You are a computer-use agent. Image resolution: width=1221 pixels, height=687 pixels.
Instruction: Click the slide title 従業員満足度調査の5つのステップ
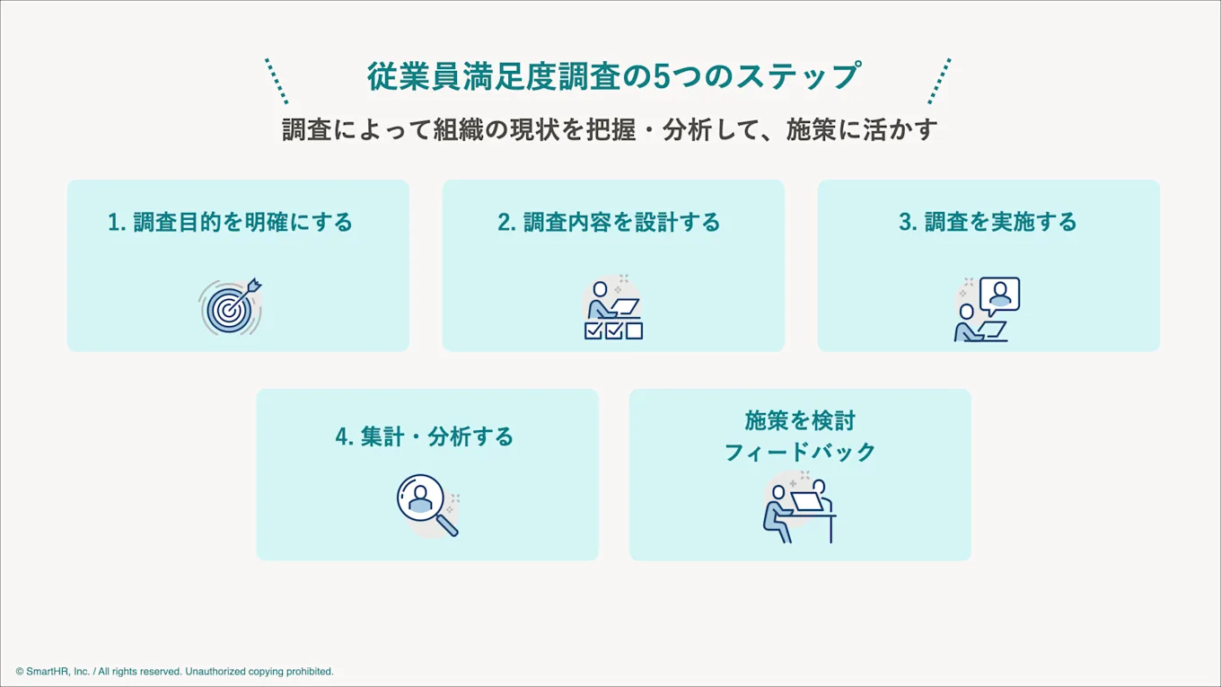point(613,76)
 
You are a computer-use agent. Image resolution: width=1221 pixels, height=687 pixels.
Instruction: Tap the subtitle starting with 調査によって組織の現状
point(610,129)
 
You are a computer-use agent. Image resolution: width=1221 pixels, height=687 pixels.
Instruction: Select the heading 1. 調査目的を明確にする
point(231,222)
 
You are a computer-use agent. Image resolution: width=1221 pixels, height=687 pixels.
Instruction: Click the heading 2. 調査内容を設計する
point(610,222)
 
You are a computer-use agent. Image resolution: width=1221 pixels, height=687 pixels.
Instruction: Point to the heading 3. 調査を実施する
point(988,222)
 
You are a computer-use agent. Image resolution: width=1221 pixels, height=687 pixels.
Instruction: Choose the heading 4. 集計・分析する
point(425,436)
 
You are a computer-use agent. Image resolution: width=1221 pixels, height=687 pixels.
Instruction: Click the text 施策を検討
point(800,420)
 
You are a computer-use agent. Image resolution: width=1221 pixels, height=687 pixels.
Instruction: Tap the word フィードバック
point(800,452)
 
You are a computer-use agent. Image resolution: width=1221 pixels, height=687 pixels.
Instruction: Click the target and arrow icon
point(230,307)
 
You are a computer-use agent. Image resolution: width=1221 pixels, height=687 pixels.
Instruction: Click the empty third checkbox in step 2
point(634,330)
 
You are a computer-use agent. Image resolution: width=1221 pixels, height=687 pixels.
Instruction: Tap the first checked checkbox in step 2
point(593,330)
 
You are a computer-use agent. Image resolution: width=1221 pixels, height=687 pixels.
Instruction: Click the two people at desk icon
point(799,510)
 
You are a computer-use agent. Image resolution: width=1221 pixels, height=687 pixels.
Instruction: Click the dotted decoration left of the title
point(277,81)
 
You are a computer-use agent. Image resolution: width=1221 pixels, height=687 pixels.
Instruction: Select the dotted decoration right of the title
point(939,81)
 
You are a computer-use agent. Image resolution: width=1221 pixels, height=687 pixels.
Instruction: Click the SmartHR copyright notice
point(174,671)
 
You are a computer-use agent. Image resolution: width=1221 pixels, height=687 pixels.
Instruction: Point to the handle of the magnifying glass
point(447,525)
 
